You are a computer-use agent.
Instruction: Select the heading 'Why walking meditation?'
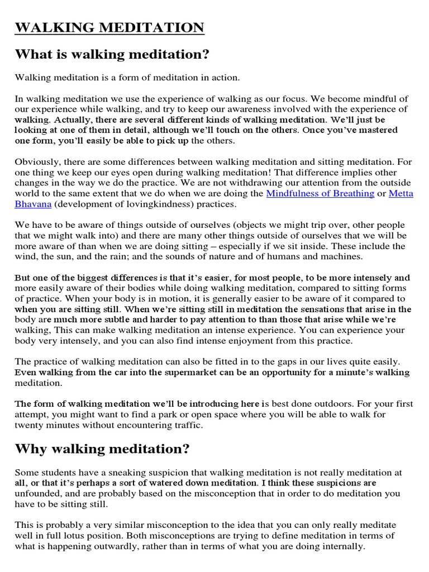[x=102, y=449]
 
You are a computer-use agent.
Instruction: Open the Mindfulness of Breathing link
[x=320, y=193]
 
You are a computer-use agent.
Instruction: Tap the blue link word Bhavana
[x=33, y=204]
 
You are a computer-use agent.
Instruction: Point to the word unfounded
[x=36, y=493]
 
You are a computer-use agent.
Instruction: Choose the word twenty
[x=29, y=425]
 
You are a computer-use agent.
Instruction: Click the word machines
[x=340, y=256]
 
